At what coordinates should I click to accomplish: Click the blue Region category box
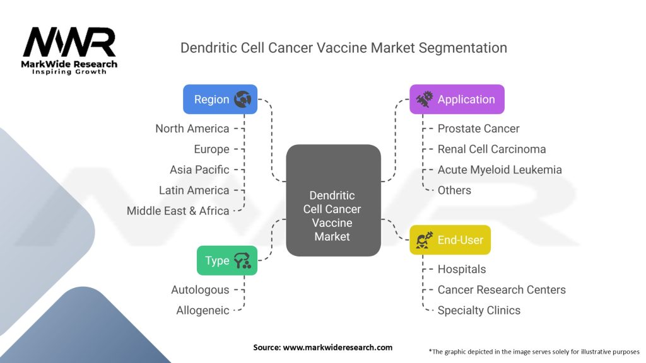tap(220, 99)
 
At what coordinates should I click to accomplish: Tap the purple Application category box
tap(457, 99)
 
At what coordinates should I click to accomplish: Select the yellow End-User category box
tap(450, 240)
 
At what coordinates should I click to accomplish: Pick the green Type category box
tap(227, 260)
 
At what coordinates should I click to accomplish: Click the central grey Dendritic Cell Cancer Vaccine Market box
tap(333, 200)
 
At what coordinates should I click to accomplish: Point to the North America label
tap(192, 129)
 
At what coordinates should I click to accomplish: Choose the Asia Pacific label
tap(199, 170)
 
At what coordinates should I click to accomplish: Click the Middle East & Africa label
tap(177, 210)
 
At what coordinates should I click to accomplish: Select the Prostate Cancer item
tap(478, 129)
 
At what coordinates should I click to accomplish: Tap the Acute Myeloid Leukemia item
tap(500, 170)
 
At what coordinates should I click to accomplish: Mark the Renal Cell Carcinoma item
tap(491, 149)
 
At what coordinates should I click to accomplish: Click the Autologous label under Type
tap(200, 290)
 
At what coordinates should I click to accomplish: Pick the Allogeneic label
tap(203, 310)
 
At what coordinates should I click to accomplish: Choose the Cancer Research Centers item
tap(502, 290)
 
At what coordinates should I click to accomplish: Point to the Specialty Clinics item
tap(479, 310)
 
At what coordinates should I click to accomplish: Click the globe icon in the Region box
tap(242, 99)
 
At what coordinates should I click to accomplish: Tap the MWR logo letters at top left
tap(69, 42)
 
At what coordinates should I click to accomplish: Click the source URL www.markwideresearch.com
tap(338, 347)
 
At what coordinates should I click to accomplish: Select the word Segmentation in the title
tap(462, 48)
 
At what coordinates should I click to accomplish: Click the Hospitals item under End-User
tap(461, 269)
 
